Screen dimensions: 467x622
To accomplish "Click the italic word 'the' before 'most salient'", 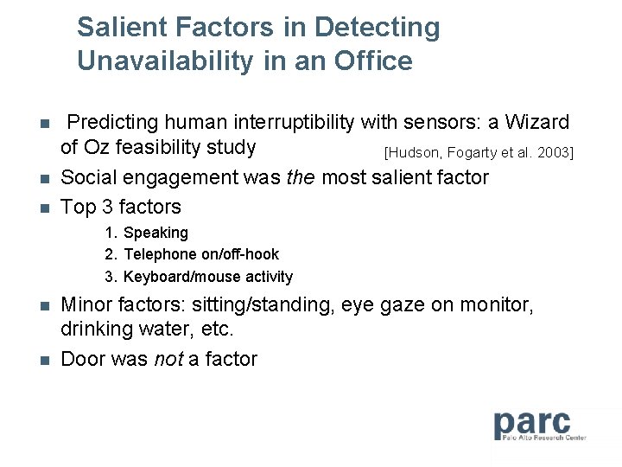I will (x=303, y=178).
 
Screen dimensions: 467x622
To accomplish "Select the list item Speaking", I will (x=155, y=233).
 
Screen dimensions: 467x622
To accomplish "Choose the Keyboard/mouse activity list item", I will (x=207, y=277).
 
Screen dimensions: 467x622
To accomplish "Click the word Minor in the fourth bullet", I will (x=85, y=305).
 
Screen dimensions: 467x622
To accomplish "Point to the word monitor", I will (x=502, y=305).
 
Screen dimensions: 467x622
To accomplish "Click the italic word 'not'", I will (x=168, y=359).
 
